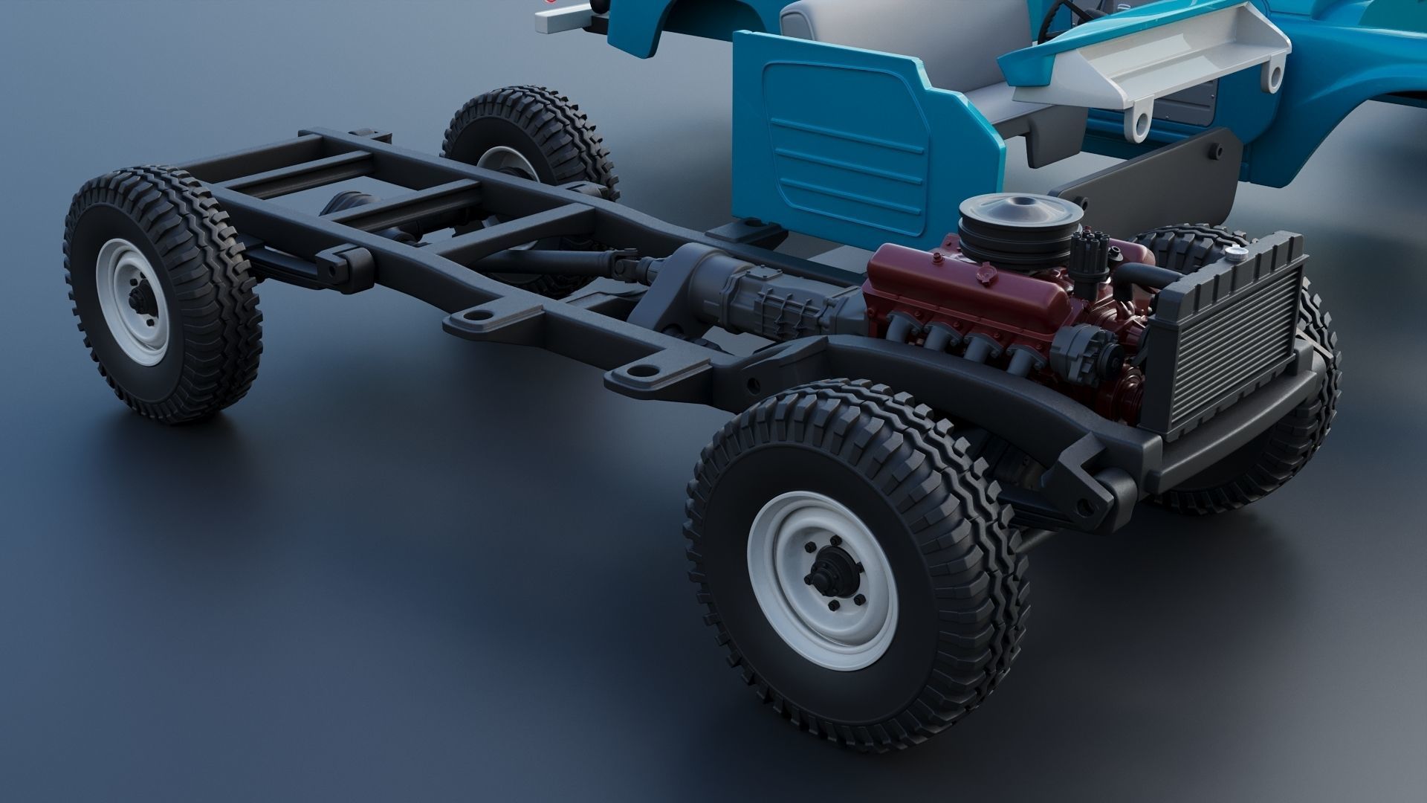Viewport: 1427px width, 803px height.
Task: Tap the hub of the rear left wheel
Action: tap(137, 301)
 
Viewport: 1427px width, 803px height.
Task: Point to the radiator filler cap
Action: tap(1235, 255)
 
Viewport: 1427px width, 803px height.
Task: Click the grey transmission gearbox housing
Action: tap(751, 290)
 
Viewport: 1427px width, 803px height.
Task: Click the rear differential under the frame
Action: tap(349, 204)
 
